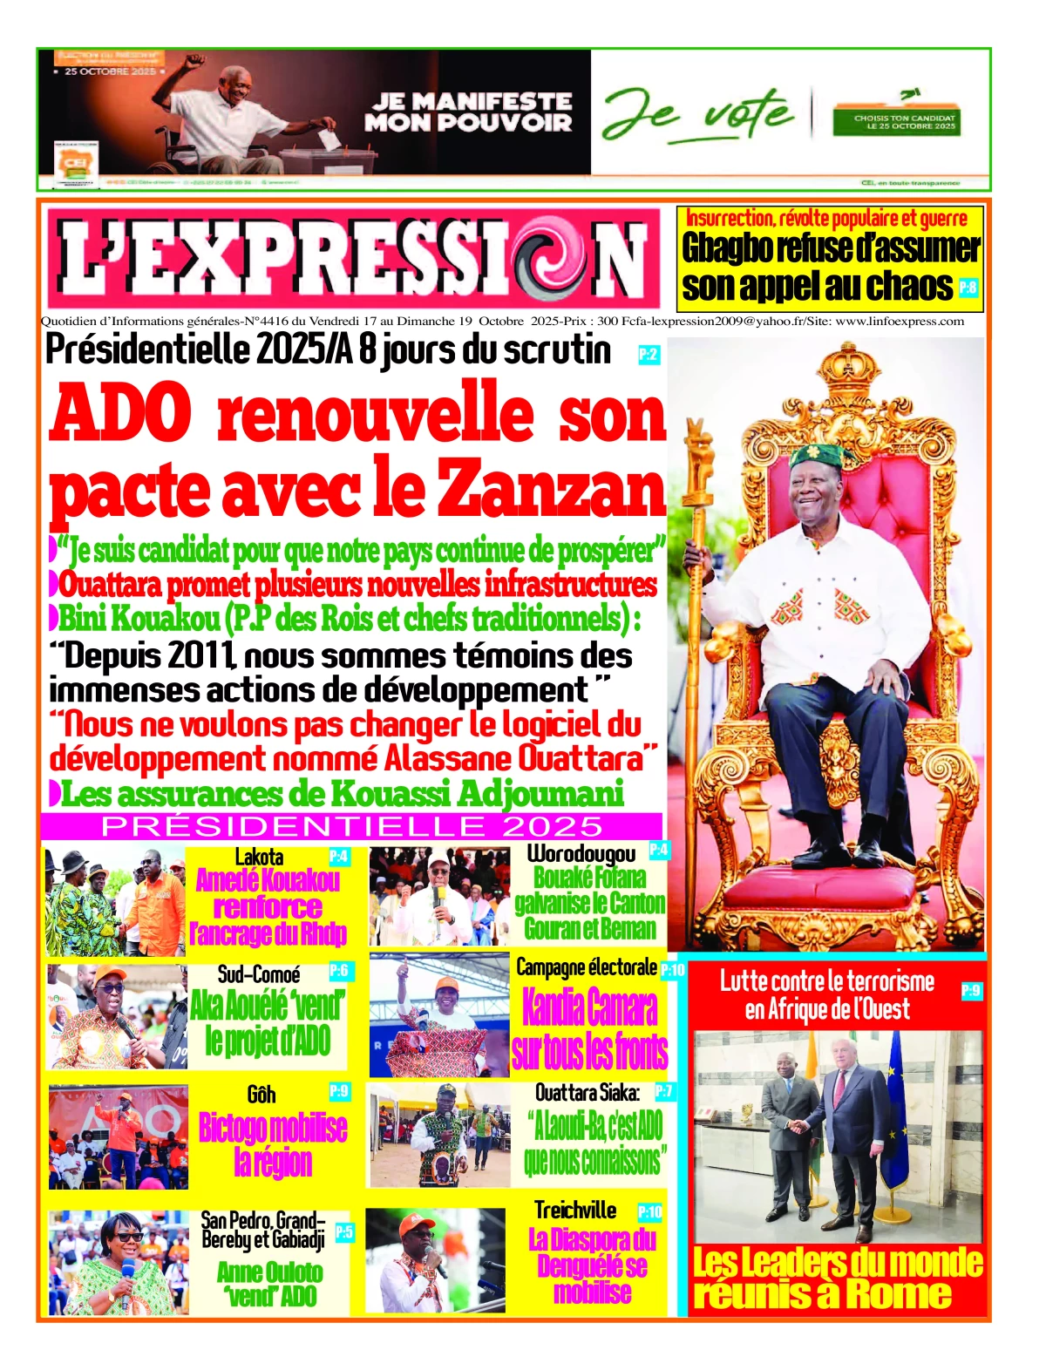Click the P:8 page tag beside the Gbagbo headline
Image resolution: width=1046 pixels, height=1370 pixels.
(968, 287)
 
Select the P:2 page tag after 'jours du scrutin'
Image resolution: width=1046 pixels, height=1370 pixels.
(648, 354)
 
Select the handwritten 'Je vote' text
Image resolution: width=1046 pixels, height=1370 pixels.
(697, 113)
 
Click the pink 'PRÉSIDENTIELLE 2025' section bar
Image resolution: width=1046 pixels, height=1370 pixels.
(352, 825)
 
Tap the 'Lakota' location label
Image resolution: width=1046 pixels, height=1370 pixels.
(259, 858)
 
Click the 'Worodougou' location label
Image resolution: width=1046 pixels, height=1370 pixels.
(581, 853)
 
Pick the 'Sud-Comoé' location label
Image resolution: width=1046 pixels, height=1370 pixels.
(259, 974)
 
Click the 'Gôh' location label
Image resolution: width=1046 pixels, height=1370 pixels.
(261, 1094)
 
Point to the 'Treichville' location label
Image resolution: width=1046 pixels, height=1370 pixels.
(575, 1211)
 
